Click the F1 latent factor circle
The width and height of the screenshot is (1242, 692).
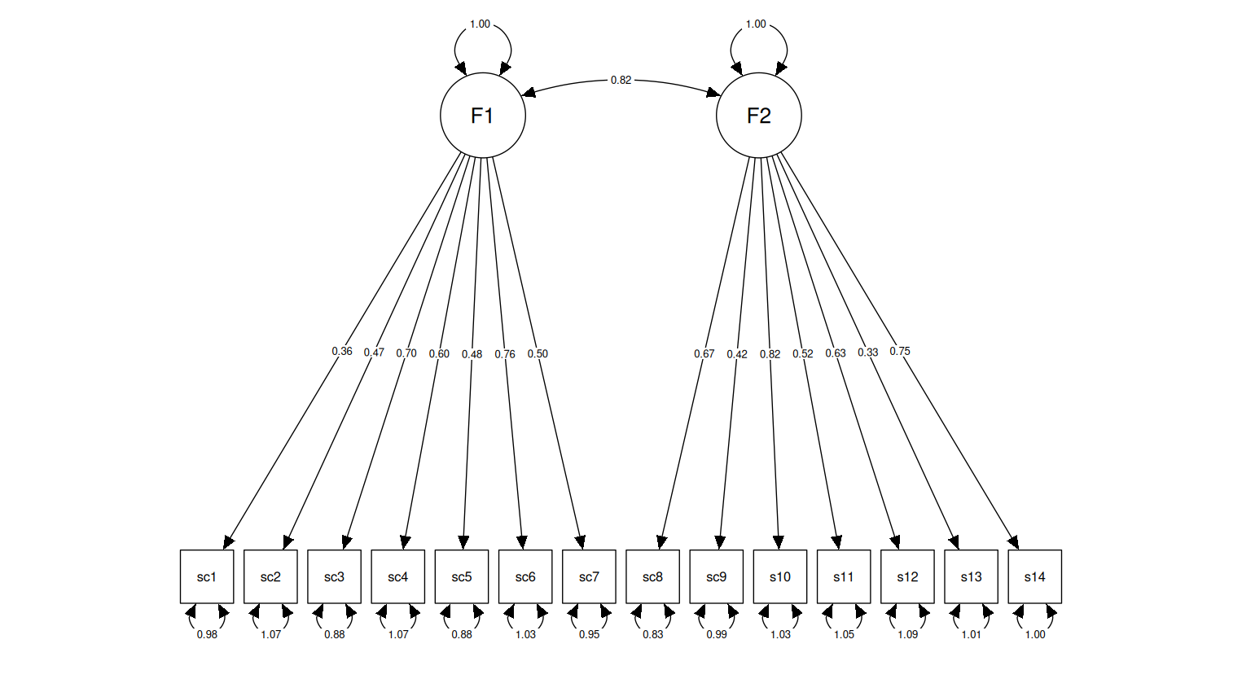pyautogui.click(x=482, y=116)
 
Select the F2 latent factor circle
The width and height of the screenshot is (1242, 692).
pyautogui.click(x=758, y=116)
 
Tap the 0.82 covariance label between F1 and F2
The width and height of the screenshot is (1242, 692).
pyautogui.click(x=621, y=80)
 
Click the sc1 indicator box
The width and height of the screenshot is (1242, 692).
pyautogui.click(x=207, y=576)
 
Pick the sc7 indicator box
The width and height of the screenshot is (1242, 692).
pyautogui.click(x=589, y=576)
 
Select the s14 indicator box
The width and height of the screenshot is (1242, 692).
pyautogui.click(x=1034, y=576)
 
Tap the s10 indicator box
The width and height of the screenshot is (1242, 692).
pyautogui.click(x=779, y=576)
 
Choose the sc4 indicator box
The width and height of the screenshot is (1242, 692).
pyautogui.click(x=397, y=576)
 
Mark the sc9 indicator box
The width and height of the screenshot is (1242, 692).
pyautogui.click(x=716, y=576)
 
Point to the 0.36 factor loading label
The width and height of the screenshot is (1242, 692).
pyautogui.click(x=342, y=351)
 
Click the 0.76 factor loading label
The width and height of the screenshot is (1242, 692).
pyautogui.click(x=505, y=354)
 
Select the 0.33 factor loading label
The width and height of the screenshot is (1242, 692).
pyautogui.click(x=867, y=353)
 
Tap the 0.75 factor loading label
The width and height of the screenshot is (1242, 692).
pyautogui.click(x=900, y=351)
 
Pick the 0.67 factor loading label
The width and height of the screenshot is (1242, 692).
pyautogui.click(x=704, y=353)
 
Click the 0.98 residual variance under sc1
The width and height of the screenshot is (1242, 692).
pyautogui.click(x=207, y=634)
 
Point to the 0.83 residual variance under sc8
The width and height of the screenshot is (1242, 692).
pyautogui.click(x=652, y=634)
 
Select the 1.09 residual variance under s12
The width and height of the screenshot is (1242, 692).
pyautogui.click(x=907, y=634)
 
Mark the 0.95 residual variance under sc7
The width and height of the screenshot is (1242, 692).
pyautogui.click(x=589, y=634)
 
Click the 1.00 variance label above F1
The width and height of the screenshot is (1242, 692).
pyautogui.click(x=480, y=24)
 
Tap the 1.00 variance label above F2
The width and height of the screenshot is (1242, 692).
pyautogui.click(x=756, y=24)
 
